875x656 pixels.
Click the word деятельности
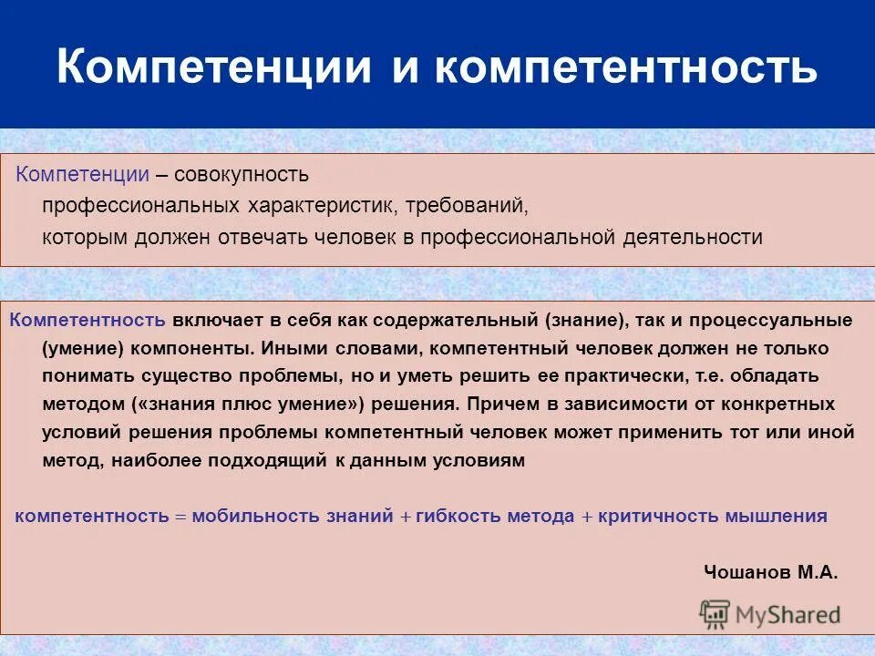point(693,237)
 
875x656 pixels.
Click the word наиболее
point(159,460)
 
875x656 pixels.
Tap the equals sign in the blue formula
point(180,516)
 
